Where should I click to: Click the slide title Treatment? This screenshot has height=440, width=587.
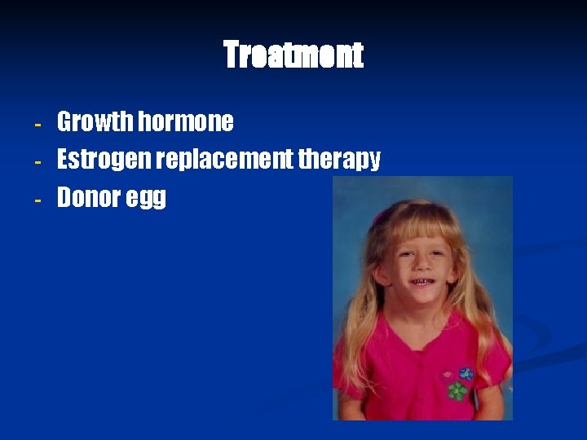click(293, 55)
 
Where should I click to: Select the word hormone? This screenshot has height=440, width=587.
click(186, 122)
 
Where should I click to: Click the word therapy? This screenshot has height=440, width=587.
click(339, 161)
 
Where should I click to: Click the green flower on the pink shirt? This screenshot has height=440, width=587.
click(458, 391)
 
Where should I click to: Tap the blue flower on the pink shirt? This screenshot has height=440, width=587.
click(466, 374)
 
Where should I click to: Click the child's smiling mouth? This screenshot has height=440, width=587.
click(421, 282)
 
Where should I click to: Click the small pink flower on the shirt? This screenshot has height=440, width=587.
click(447, 376)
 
